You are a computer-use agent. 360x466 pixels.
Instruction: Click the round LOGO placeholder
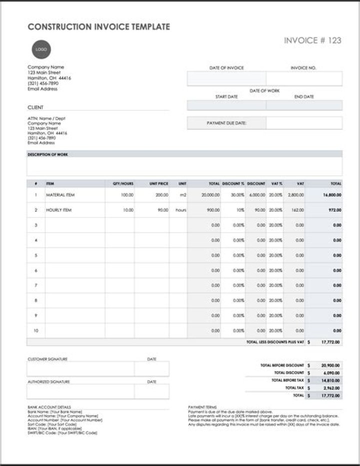41,49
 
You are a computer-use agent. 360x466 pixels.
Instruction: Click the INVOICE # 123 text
312,40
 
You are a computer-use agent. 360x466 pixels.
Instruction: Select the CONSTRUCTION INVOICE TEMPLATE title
99,27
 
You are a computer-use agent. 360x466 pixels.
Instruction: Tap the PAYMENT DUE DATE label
226,123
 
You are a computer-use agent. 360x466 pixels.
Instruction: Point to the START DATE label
226,96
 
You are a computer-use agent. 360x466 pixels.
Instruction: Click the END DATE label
304,96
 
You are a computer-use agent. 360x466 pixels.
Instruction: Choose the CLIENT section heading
35,107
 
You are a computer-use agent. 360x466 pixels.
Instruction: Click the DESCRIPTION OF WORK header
47,155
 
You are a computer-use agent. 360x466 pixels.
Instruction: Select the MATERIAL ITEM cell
60,195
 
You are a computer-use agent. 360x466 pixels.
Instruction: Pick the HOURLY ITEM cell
58,210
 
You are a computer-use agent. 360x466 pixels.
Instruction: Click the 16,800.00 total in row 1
332,195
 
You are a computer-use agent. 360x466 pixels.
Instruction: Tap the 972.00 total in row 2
335,210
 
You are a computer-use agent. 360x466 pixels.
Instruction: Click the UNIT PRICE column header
158,184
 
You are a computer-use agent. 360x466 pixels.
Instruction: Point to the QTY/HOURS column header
123,184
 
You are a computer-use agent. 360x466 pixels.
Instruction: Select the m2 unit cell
182,195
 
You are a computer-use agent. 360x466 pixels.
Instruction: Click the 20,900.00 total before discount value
330,366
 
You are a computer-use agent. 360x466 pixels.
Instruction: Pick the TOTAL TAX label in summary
294,388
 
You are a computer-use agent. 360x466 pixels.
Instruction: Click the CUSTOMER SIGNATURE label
47,359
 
